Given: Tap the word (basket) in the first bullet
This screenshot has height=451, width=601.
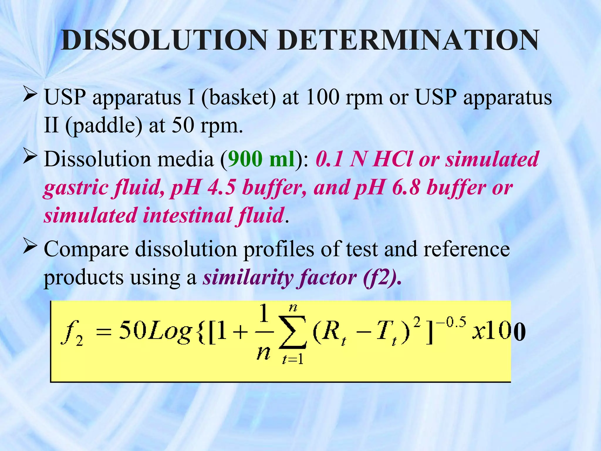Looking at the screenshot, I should pyautogui.click(x=238, y=97).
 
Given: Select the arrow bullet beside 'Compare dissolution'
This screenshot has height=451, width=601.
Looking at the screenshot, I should pyautogui.click(x=30, y=247).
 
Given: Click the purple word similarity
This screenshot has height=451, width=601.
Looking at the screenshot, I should pyautogui.click(x=248, y=278).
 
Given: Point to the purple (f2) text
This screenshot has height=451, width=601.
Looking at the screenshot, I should pyautogui.click(x=382, y=278).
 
